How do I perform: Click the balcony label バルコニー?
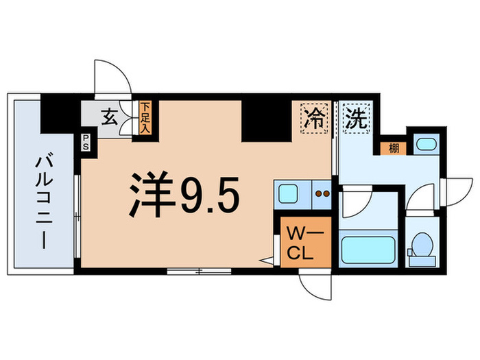point(40,201)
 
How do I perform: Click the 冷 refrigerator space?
point(314,117)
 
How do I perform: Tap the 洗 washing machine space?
point(357,117)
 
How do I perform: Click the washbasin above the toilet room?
point(427,145)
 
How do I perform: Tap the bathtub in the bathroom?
point(369,250)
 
